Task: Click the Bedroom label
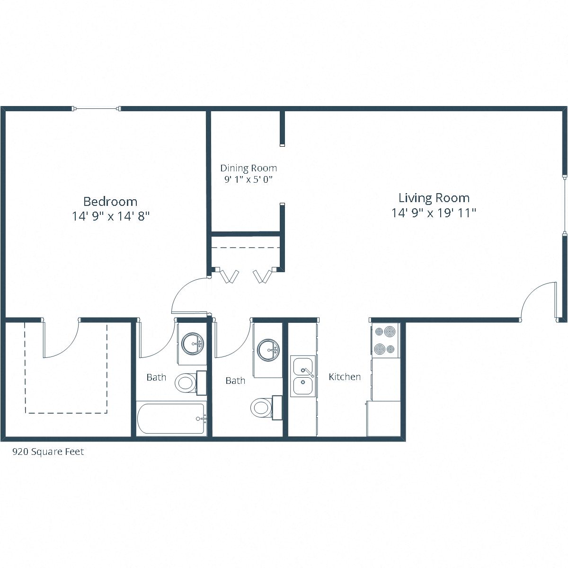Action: click(110, 201)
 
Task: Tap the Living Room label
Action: click(434, 198)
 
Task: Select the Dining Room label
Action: click(248, 168)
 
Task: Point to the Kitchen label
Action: click(345, 377)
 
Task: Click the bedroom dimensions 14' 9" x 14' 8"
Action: click(111, 216)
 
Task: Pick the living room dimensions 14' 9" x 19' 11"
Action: click(434, 213)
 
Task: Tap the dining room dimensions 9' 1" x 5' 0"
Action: click(248, 179)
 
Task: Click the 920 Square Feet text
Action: click(48, 452)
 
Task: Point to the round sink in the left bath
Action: click(192, 343)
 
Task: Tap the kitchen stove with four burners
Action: click(385, 340)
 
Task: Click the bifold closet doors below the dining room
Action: click(246, 275)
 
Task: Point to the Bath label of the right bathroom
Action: click(235, 381)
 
